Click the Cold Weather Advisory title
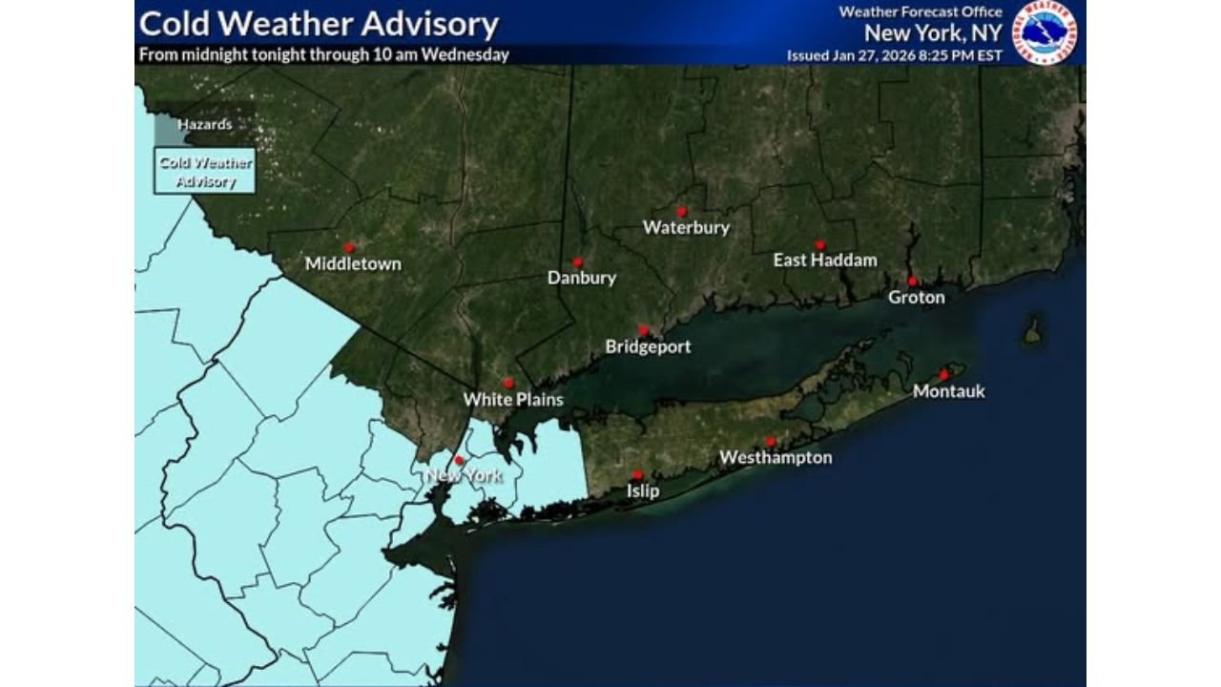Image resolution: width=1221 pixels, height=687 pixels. coord(319,24)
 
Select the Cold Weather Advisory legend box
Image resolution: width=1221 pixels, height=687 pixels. coord(205,171)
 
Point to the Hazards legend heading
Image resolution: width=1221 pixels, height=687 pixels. coord(204,125)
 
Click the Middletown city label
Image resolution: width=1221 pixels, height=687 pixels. coord(353,263)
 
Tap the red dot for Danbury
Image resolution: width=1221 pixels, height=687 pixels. coord(577,261)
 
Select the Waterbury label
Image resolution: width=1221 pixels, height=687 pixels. coord(686,227)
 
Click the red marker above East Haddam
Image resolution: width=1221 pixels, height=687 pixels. coord(819,245)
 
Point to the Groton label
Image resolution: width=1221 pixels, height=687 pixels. coord(917,297)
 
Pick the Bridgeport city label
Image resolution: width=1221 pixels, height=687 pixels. coord(648,346)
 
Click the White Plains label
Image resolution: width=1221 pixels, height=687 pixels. coord(513,399)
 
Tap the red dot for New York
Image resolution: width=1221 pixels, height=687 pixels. coord(459,460)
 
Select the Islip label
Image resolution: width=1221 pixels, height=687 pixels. coord(642,490)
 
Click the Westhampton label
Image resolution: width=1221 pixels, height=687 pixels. coord(776,457)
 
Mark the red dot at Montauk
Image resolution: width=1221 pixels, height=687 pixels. coord(943,374)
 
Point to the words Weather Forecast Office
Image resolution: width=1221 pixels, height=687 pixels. coord(921,11)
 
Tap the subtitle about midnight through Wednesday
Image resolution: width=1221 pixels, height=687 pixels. coord(323,54)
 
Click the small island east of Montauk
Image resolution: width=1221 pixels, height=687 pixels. coord(1031,331)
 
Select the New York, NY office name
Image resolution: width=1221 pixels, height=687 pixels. coord(933,32)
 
